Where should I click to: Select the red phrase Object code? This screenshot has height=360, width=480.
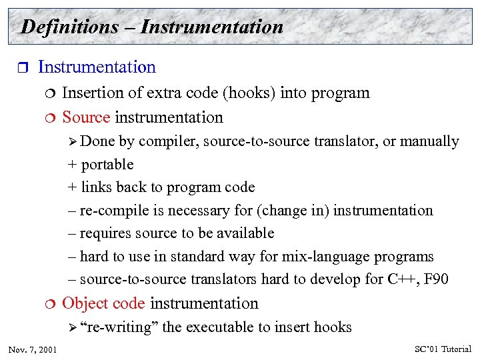click(103, 304)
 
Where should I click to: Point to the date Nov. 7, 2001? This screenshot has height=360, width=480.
click(33, 349)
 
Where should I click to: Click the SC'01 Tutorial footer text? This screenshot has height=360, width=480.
click(443, 349)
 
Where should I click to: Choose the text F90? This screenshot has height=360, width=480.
click(436, 279)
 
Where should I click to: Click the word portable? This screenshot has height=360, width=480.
click(107, 165)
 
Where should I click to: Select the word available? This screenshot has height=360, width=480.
click(247, 233)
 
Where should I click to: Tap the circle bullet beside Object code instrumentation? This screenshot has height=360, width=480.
click(50, 304)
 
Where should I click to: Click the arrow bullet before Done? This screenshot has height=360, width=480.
click(73, 141)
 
